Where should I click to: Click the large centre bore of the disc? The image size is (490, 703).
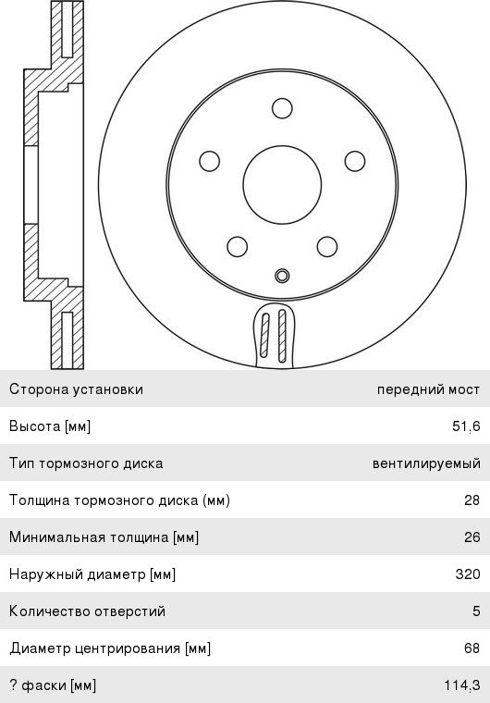[x=282, y=184]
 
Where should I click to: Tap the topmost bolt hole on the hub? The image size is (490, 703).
[x=282, y=108]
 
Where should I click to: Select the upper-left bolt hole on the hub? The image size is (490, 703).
[x=209, y=161]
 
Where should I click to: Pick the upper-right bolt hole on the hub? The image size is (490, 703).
[x=355, y=161]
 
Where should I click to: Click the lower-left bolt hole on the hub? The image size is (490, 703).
[x=238, y=247]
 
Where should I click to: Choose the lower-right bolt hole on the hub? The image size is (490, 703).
[x=326, y=247]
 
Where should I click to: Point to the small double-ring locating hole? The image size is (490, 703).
[x=282, y=276]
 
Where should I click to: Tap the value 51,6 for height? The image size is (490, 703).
[x=466, y=425]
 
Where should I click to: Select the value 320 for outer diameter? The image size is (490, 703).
[x=468, y=573]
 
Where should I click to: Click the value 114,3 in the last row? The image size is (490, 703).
[x=462, y=685]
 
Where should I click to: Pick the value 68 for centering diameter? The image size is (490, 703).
[x=472, y=647]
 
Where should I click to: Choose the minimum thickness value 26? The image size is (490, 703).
[x=472, y=536]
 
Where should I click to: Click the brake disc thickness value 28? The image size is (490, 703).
[x=472, y=499]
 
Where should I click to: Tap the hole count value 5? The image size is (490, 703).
[x=476, y=611]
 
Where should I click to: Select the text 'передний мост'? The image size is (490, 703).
[x=429, y=389]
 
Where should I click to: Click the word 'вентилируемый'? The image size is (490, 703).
[x=426, y=463]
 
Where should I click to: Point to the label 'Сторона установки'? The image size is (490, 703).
[x=76, y=388]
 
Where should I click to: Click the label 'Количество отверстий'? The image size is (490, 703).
[x=88, y=611]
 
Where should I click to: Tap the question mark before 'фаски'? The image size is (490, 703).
[x=14, y=685]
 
